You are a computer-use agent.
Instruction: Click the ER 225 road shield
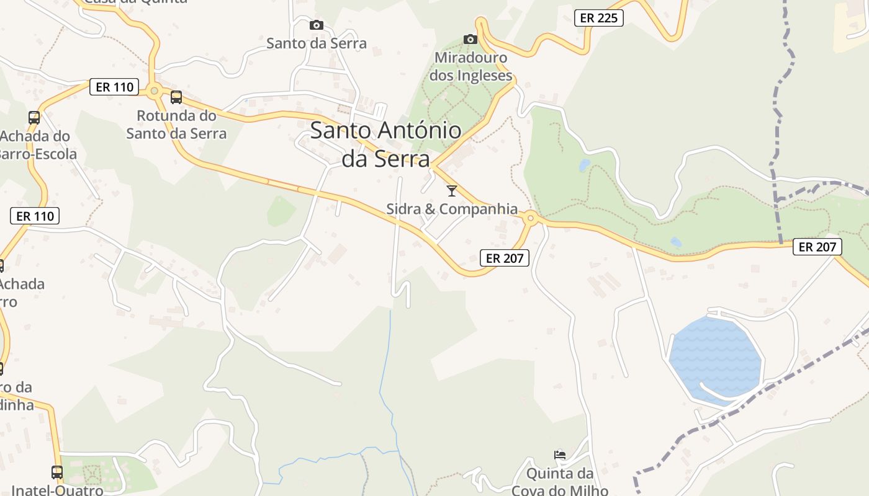(598, 18)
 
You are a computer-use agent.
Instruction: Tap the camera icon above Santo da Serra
(317, 25)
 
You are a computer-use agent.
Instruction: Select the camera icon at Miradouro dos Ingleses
(471, 40)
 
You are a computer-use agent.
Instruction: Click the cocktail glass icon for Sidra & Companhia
(452, 191)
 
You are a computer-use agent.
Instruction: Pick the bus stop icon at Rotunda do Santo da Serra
(176, 97)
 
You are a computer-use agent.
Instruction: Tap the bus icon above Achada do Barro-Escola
(34, 117)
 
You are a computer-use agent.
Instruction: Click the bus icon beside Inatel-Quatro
(57, 472)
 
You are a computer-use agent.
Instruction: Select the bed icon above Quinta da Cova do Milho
(560, 455)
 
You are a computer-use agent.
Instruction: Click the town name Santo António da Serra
(385, 144)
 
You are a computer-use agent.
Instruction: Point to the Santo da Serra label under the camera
(317, 43)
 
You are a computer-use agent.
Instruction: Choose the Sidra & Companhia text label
(452, 209)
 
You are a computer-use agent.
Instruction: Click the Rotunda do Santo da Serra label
(176, 125)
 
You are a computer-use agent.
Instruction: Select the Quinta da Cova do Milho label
(560, 482)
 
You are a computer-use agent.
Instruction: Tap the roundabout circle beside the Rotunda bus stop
(154, 91)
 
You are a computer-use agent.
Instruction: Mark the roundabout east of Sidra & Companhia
(530, 218)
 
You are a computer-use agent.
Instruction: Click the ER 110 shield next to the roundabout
(114, 87)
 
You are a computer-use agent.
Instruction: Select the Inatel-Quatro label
(57, 490)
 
